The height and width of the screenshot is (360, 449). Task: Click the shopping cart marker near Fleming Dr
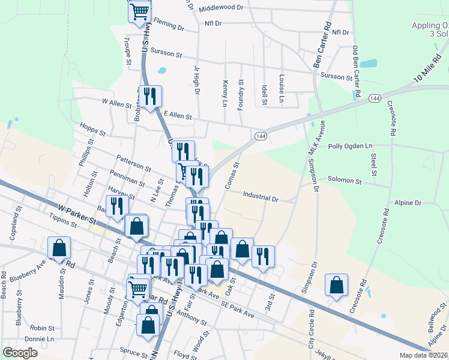139,11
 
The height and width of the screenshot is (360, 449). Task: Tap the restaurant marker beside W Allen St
149,96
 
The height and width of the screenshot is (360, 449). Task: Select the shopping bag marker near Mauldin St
59,247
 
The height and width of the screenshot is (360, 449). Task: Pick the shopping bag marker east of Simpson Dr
337,284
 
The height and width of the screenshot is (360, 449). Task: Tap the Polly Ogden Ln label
351,146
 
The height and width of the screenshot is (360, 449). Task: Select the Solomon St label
345,180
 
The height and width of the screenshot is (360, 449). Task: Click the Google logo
20,353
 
